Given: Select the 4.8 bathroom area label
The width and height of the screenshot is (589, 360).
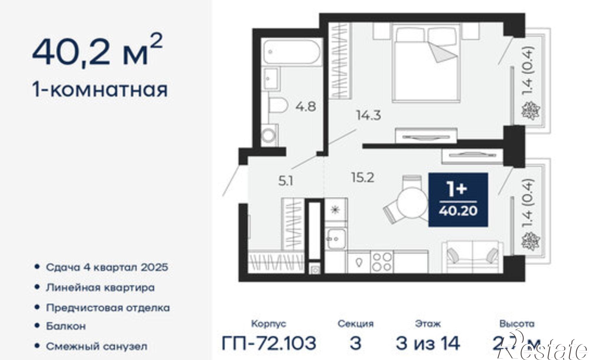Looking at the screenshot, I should tap(306, 106).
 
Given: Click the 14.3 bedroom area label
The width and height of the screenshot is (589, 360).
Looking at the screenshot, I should tap(368, 115).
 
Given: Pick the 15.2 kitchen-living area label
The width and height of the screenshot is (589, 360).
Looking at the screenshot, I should tap(363, 177).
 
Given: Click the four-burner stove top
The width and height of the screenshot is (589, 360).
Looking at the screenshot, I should tap(382, 262).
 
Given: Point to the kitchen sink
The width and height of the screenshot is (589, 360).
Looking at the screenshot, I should tap(336, 239).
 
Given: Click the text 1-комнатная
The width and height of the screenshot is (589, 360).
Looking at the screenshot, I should tap(100, 89).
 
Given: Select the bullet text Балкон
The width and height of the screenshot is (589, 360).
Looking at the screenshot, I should tap(66, 326).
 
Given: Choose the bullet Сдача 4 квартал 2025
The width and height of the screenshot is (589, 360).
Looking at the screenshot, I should tap(107, 267).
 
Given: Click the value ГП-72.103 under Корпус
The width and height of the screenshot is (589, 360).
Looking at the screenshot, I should tap(269, 343).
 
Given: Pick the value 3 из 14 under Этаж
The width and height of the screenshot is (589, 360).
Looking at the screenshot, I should tap(428, 343).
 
